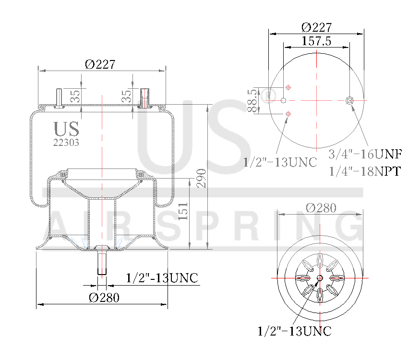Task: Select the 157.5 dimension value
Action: (316, 41)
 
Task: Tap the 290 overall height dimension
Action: (201, 178)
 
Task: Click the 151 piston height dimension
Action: (183, 211)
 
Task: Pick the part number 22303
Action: (66, 142)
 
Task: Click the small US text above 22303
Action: (66, 129)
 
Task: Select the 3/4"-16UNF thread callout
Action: (365, 154)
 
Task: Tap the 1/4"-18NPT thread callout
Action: (365, 171)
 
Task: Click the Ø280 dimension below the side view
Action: (104, 297)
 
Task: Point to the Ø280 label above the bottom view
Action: (321, 208)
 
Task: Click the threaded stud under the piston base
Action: (102, 262)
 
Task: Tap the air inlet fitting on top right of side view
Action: (144, 97)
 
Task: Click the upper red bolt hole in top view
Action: (288, 87)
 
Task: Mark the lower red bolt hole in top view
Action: (288, 114)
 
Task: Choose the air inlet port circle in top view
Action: (349, 100)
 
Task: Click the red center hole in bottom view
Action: (320, 278)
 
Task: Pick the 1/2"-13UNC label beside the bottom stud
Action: (162, 278)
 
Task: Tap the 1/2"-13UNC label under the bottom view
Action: (294, 331)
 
